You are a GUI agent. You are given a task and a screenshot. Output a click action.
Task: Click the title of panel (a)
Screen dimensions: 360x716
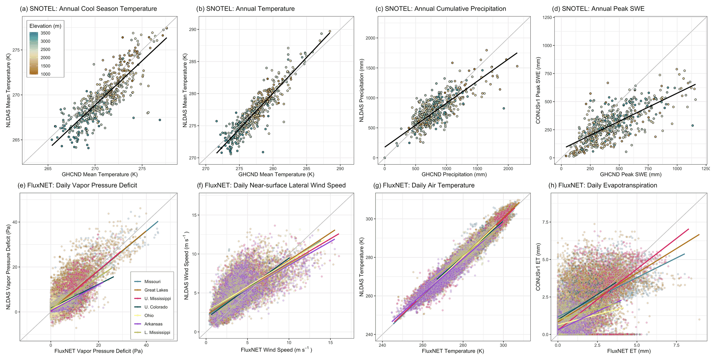point(88,9)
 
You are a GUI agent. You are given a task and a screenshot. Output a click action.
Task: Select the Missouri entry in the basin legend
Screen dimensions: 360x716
point(152,282)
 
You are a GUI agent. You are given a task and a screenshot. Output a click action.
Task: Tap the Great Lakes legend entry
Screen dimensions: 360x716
point(156,290)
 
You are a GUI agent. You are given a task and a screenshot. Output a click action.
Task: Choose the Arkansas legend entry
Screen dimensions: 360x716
point(153,324)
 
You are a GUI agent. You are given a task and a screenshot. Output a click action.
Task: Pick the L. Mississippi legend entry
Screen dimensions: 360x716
point(157,332)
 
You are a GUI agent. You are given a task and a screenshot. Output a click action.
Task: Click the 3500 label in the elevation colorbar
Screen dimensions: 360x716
point(45,33)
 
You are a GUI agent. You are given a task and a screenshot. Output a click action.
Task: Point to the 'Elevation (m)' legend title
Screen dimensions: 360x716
point(45,26)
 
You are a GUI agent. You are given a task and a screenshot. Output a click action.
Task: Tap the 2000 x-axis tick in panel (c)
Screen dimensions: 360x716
point(508,169)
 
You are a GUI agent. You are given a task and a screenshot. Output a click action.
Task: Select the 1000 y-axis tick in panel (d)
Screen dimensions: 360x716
point(547,45)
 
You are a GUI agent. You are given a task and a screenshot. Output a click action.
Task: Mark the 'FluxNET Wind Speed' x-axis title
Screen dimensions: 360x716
point(276,350)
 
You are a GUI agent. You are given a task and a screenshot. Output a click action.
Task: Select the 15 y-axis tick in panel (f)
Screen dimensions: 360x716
point(194,215)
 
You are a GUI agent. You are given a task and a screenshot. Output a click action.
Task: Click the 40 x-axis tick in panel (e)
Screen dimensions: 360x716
point(146,345)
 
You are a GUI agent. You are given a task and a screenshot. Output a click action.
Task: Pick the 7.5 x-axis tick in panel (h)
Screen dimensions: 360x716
point(677,345)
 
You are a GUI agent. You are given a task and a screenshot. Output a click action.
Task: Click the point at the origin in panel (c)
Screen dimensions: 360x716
point(384,158)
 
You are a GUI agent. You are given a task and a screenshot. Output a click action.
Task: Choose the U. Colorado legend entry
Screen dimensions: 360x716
point(156,307)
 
